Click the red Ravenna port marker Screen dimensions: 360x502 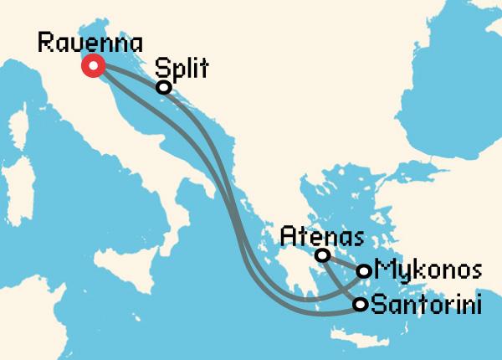click(92, 66)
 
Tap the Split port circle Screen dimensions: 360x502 click(164, 86)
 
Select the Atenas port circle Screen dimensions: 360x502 click(322, 255)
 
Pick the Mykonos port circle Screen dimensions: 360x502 click(364, 270)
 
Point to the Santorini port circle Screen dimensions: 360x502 click(360, 304)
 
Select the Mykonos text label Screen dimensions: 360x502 click(429, 270)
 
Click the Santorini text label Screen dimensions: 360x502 click(426, 304)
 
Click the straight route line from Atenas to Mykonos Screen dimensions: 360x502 click(343, 263)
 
